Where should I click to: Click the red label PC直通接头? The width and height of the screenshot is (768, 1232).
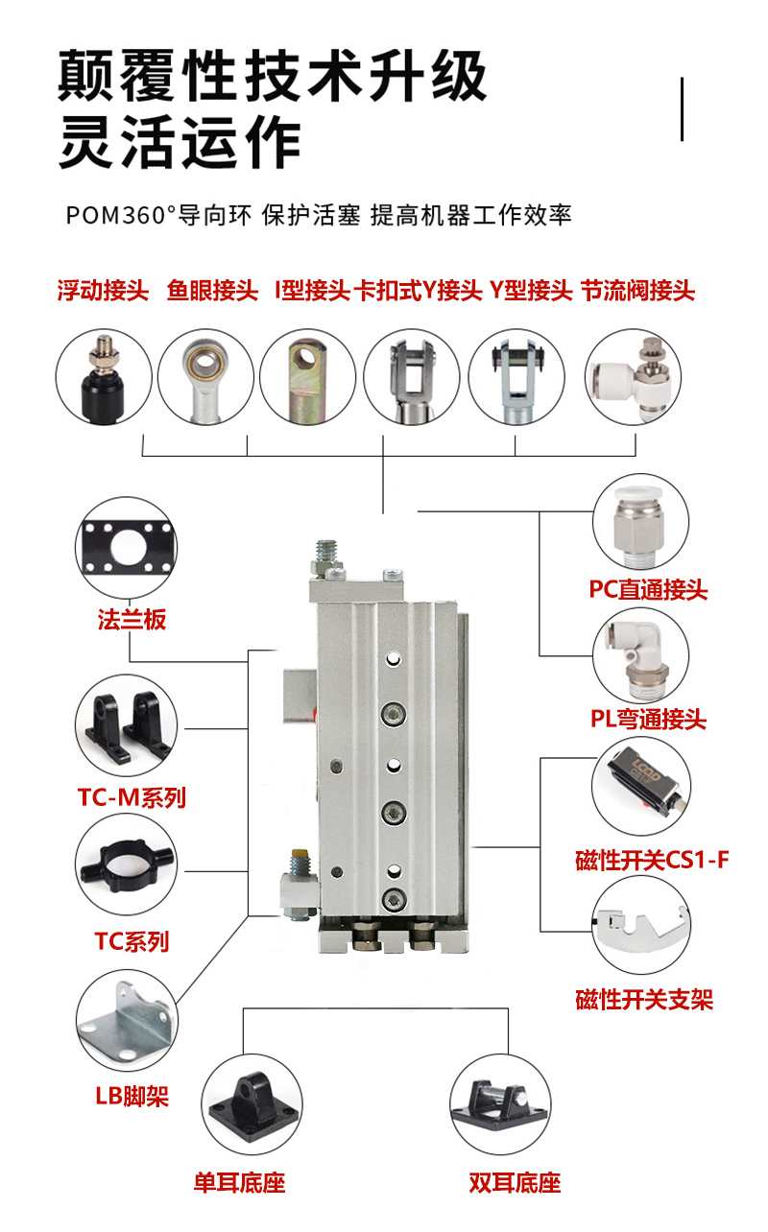[x=648, y=589]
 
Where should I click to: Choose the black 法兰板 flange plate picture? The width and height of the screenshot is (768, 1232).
[x=125, y=545]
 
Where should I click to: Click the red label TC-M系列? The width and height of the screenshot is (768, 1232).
[x=132, y=796]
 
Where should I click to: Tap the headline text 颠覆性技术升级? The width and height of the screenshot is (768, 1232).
[x=272, y=77]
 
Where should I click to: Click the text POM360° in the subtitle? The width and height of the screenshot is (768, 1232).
[x=118, y=215]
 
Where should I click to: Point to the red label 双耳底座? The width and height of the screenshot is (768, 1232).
[x=515, y=1182]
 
